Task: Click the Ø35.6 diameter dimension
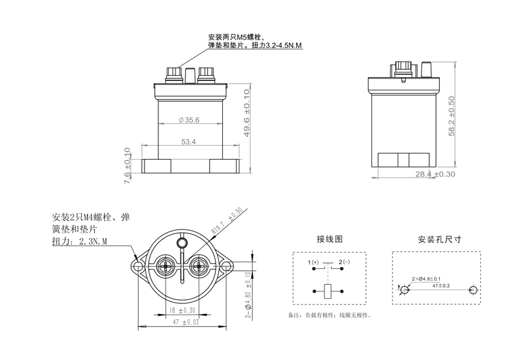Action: tap(189, 120)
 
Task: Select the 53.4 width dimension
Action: tap(189, 140)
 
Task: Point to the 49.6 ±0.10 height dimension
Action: tap(247, 121)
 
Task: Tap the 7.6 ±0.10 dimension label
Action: tap(127, 166)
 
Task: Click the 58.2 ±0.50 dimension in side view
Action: tap(451, 117)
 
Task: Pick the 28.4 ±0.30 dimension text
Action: tap(435, 174)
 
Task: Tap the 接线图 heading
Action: tap(330, 239)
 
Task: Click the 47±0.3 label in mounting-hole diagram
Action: tap(441, 285)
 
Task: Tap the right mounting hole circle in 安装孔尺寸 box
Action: tap(473, 290)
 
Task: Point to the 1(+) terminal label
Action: tap(313, 263)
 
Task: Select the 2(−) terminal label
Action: tap(344, 263)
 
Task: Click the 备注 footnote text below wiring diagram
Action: tap(329, 315)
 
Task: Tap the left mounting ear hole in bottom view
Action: tap(138, 266)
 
